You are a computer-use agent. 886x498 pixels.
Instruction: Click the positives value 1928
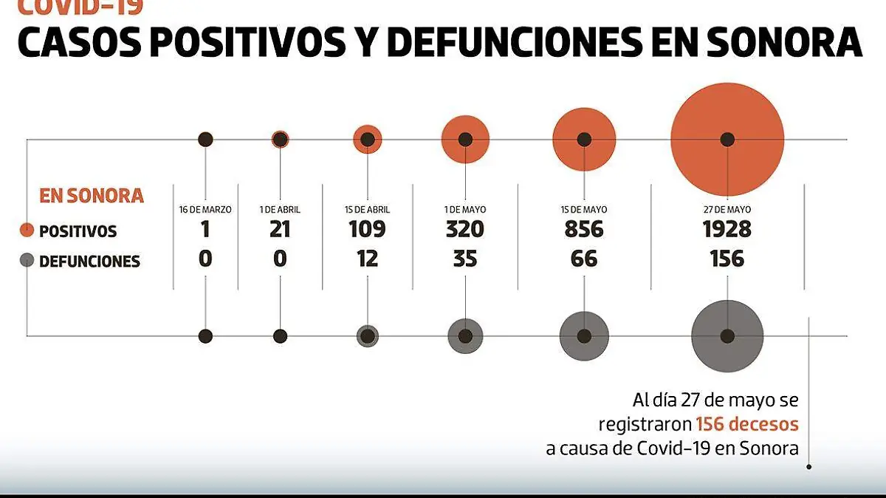click(x=727, y=230)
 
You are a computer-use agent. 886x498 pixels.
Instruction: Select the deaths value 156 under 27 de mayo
click(x=727, y=259)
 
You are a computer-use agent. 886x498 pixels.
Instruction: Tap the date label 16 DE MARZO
click(x=205, y=210)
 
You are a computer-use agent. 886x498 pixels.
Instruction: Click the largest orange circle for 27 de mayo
click(x=727, y=139)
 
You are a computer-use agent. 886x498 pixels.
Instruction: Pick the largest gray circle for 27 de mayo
click(x=727, y=335)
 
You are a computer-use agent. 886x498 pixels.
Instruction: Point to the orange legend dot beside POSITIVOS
click(x=27, y=231)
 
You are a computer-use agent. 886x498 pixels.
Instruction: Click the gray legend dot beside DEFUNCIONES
click(x=27, y=260)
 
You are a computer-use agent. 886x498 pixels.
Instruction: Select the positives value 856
click(x=584, y=230)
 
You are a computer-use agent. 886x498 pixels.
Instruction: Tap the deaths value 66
click(x=584, y=259)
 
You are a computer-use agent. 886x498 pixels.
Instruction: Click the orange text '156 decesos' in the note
click(x=746, y=424)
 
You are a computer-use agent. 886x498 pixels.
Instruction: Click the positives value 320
click(x=464, y=230)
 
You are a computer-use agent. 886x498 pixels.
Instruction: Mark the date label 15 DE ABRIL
click(x=367, y=210)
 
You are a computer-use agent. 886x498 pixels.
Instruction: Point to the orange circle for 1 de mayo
click(x=465, y=139)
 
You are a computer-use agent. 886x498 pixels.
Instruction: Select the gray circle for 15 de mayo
click(x=584, y=335)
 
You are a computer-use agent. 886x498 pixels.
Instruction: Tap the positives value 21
click(x=280, y=230)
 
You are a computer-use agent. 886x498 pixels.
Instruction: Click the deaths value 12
click(x=367, y=259)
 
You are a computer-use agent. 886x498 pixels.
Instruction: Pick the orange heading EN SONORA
click(x=91, y=196)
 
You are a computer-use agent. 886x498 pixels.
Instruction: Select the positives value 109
click(x=367, y=230)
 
